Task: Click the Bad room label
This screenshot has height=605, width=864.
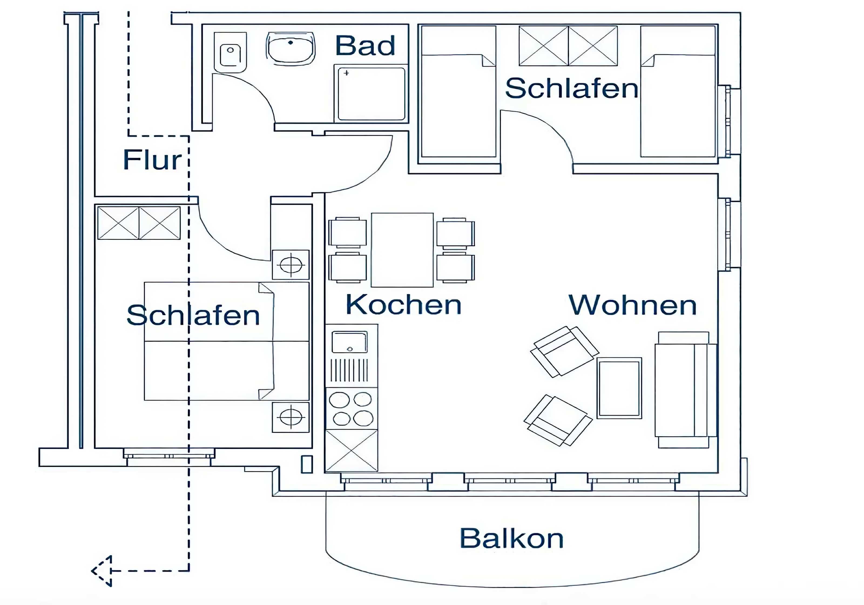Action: tap(365, 46)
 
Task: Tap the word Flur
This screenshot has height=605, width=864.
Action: tap(152, 160)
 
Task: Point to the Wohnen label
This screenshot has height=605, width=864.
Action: tap(633, 305)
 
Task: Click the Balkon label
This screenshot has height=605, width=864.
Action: tap(512, 538)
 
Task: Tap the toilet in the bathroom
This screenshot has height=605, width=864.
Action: tap(230, 52)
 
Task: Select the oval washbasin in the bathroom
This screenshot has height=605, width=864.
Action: tap(291, 47)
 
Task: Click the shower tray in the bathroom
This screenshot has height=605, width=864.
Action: tap(371, 93)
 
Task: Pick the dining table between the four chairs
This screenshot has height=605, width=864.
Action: tap(402, 250)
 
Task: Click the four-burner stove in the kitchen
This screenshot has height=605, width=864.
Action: tap(352, 408)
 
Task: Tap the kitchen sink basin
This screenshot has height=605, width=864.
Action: tap(349, 342)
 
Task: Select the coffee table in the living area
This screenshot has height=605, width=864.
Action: tap(619, 388)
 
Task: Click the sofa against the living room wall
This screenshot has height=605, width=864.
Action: tap(685, 390)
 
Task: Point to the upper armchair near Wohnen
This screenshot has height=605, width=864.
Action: tap(565, 351)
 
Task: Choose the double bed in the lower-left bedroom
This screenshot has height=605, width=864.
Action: tap(227, 341)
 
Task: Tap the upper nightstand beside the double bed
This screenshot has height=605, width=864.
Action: tap(291, 265)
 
